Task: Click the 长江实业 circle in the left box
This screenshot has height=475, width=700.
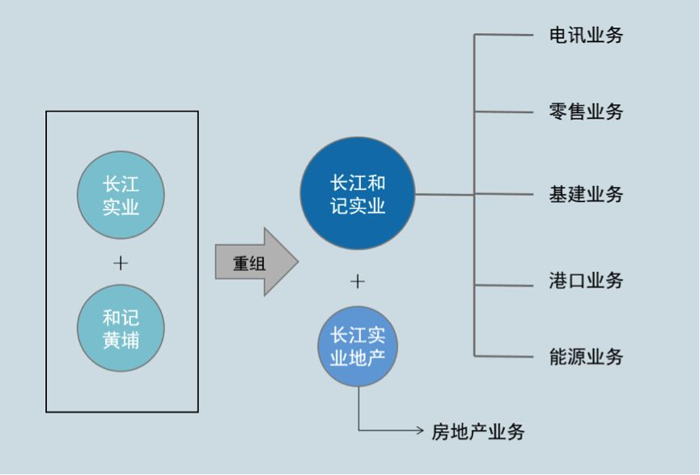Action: [x=121, y=196]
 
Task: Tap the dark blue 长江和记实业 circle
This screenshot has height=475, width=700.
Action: [x=357, y=194]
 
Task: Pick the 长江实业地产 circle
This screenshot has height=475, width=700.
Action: [x=357, y=346]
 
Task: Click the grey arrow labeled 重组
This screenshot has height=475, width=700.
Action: [x=256, y=262]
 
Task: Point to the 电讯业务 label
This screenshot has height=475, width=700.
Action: [x=586, y=36]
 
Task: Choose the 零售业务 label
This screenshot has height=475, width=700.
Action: [x=586, y=112]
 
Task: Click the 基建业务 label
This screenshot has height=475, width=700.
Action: [x=586, y=194]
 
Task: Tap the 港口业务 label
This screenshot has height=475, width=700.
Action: [x=586, y=282]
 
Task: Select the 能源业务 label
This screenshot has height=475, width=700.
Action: [x=586, y=357]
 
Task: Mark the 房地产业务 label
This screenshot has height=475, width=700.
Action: [x=477, y=432]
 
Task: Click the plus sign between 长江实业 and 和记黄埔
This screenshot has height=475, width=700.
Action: [x=121, y=263]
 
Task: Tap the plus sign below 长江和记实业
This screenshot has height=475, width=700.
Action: [x=357, y=281]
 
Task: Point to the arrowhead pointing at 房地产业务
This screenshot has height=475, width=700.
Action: [x=418, y=430]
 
